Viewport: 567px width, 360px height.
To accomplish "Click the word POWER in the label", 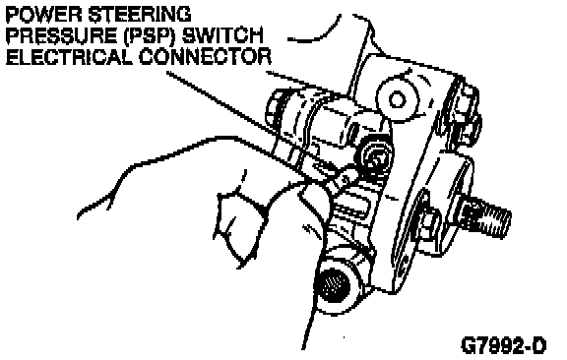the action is click(x=44, y=15).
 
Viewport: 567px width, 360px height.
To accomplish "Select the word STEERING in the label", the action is click(x=140, y=15).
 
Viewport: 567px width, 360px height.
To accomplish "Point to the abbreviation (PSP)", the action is click(x=150, y=35).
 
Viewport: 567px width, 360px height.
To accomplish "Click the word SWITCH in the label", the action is click(x=222, y=35).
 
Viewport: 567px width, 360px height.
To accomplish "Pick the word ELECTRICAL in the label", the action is click(x=69, y=57).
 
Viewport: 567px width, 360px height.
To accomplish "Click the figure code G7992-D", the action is click(x=503, y=345).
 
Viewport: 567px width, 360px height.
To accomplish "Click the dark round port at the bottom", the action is click(x=332, y=285).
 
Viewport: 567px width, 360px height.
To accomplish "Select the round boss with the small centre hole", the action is click(x=397, y=98).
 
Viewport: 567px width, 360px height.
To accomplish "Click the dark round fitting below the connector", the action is click(x=374, y=159).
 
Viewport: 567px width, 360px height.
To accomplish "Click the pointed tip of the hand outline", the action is click(x=78, y=217).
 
